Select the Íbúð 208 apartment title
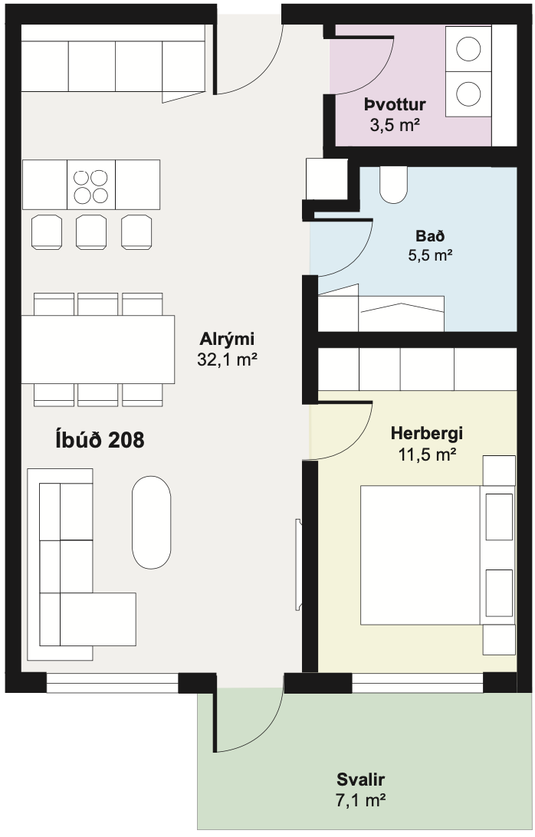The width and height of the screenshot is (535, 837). click(100, 440)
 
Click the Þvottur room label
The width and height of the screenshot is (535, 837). click(395, 105)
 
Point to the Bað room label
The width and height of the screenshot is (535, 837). click(428, 235)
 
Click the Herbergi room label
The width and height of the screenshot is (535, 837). click(427, 433)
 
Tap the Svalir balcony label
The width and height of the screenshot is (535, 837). click(360, 780)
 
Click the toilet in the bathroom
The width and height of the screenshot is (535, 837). click(394, 185)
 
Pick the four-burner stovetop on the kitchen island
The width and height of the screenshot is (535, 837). click(90, 185)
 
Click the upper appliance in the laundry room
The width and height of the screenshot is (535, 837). click(468, 48)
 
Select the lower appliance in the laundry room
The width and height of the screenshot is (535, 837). click(468, 94)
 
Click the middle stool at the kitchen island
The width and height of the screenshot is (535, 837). click(90, 230)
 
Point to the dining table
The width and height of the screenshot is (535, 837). click(97, 349)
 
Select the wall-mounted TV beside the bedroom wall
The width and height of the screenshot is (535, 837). click(298, 565)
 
